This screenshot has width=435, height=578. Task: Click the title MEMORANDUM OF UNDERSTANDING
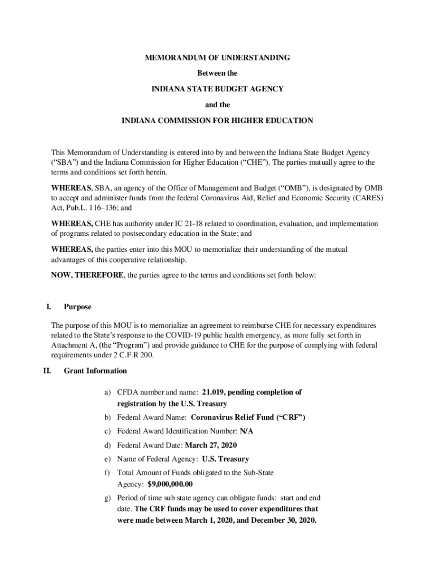click(x=217, y=58)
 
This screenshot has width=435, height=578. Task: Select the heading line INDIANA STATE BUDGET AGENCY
click(x=217, y=89)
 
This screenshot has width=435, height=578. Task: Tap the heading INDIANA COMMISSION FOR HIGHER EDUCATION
click(x=217, y=121)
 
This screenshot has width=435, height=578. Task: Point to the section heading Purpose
click(x=77, y=307)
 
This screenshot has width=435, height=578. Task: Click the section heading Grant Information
click(x=95, y=371)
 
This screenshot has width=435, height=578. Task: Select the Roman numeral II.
click(x=47, y=371)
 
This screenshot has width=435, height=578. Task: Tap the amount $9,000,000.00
click(x=170, y=484)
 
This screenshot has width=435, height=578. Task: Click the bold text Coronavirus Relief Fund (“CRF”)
click(x=248, y=418)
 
